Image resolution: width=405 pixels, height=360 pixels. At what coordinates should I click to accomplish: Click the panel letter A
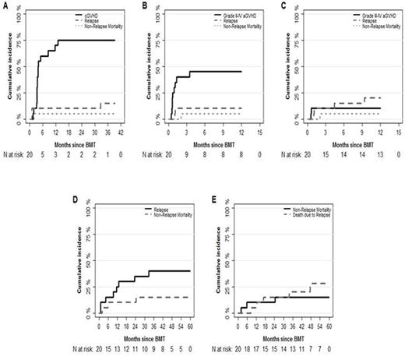5,5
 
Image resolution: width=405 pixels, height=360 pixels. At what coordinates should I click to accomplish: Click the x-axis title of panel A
75,145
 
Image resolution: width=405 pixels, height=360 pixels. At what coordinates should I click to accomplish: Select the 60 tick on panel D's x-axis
191,321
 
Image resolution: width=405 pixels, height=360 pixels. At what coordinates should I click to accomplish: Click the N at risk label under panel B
156,156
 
